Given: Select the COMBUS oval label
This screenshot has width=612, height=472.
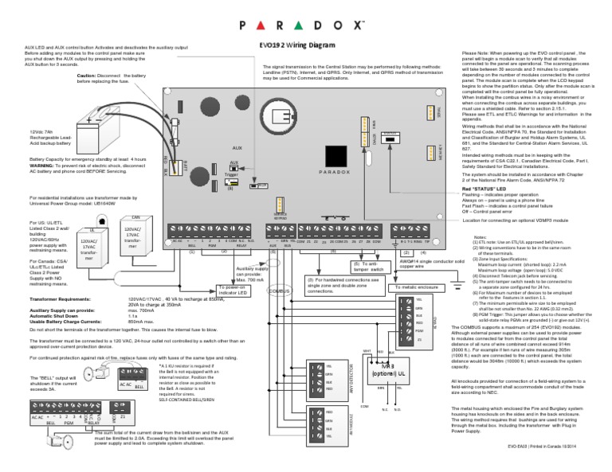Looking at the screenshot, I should (280, 294).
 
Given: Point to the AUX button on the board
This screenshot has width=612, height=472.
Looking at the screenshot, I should (233, 168).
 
